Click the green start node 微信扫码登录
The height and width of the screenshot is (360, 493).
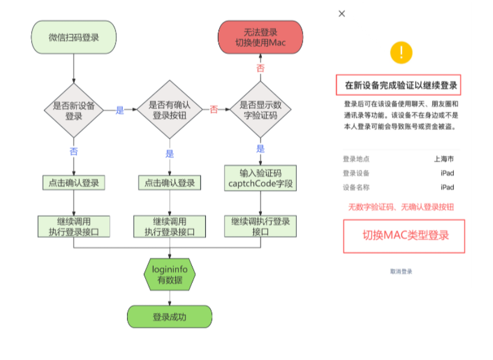pos(73,37)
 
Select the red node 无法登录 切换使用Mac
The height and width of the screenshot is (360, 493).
pos(260,37)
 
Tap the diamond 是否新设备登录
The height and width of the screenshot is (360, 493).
pos(74,111)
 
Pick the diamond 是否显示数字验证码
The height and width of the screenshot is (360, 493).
pos(260,110)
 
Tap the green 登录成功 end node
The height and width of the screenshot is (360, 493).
pos(169,317)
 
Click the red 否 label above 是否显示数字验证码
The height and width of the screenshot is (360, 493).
pos(260,68)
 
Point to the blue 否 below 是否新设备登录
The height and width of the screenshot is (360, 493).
pos(74,151)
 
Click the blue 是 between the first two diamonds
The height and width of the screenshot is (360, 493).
pos(120,110)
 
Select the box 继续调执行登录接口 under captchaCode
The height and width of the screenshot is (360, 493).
pos(260,226)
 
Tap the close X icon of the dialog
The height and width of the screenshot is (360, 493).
pos(342,14)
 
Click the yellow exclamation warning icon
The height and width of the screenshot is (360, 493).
pos(401,53)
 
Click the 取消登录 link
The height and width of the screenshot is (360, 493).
pos(401,272)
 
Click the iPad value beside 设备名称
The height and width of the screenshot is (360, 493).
pos(447,187)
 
